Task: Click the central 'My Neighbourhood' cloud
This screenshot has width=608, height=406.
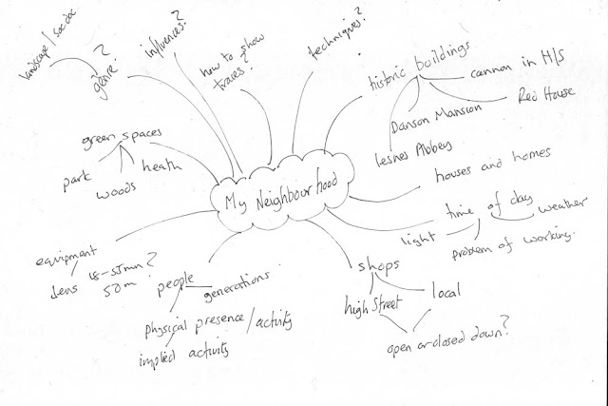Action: tap(282, 201)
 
